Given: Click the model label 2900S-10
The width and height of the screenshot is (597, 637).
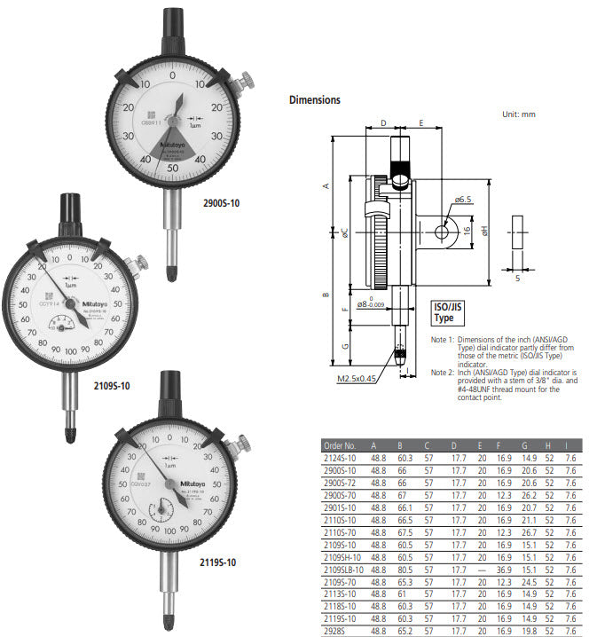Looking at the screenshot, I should (x=221, y=203).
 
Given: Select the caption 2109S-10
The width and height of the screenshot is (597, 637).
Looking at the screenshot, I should (x=112, y=386).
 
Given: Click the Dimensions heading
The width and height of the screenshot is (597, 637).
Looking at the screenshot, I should (x=314, y=100).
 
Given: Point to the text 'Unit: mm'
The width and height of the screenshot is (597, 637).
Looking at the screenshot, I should (x=519, y=114).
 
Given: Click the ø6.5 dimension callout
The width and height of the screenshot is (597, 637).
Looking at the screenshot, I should (x=464, y=201).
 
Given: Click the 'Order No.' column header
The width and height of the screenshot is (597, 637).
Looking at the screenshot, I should (x=339, y=445).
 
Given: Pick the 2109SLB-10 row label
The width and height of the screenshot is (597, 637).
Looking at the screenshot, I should (x=346, y=569).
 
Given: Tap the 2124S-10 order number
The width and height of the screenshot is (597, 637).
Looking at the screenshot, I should (x=341, y=458).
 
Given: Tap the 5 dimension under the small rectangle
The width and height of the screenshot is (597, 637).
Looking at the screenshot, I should (x=517, y=278).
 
